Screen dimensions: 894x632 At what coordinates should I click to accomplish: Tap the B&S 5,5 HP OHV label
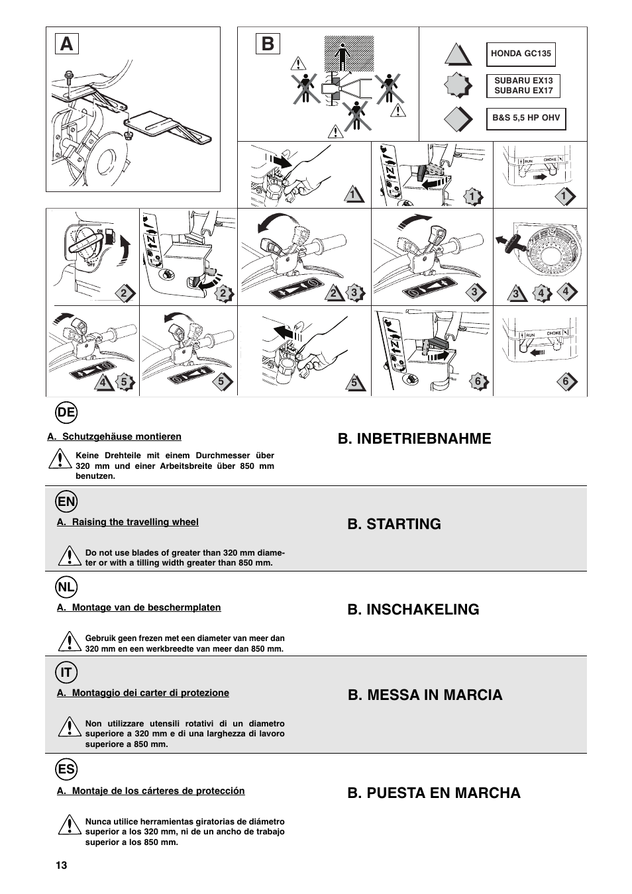526,119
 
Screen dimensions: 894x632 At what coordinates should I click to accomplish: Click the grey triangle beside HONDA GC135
458,54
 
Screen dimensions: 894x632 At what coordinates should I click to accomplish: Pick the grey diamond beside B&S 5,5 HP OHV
458,120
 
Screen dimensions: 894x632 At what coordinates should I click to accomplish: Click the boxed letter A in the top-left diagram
66,44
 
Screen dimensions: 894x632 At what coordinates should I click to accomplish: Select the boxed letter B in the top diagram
267,44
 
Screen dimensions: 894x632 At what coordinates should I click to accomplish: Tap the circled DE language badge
66,413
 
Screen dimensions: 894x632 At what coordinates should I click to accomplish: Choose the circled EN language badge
66,501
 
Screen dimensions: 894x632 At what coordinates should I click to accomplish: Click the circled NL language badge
66,586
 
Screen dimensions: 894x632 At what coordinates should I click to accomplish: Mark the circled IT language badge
66,673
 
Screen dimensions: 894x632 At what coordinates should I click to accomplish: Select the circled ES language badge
66,770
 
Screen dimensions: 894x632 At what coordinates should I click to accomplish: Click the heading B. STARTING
394,524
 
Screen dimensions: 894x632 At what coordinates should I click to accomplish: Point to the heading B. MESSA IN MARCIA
425,695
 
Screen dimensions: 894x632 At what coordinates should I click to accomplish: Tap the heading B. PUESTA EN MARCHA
434,793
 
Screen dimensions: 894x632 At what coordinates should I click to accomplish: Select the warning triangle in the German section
60,458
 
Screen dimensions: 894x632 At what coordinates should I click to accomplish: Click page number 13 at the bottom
61,866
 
